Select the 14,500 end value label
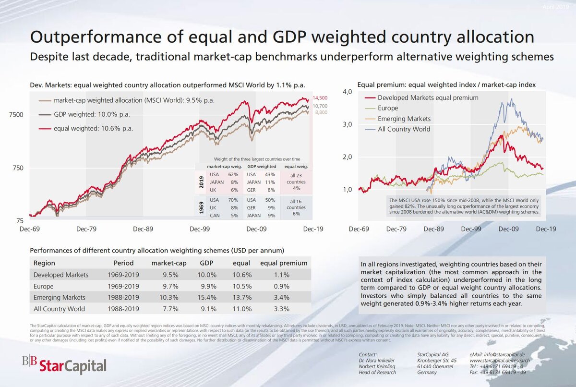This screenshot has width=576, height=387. [x=321, y=98]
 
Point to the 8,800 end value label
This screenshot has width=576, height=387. [x=321, y=112]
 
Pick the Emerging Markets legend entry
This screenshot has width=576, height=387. [x=404, y=119]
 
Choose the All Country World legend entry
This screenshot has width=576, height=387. [x=404, y=129]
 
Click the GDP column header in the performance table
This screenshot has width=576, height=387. [x=206, y=263]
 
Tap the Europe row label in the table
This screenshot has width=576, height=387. [x=44, y=286]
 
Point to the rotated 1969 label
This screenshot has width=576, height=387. [x=201, y=207]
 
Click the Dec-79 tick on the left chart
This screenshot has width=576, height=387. [x=86, y=229]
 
